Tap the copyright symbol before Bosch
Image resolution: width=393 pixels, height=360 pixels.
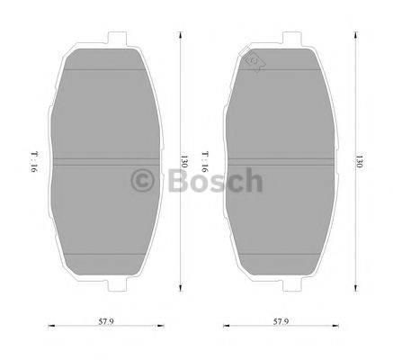[143, 180]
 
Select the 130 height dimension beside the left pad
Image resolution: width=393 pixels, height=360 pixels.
[183, 164]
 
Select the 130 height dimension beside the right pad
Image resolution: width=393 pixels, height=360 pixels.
[357, 164]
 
